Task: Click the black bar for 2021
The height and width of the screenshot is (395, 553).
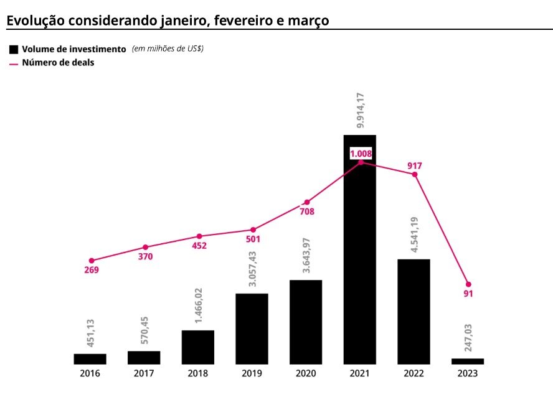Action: [360, 249]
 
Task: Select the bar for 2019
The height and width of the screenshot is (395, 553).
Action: [252, 328]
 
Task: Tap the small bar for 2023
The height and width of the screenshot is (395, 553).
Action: [468, 361]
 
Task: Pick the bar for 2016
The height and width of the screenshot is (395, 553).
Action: [90, 359]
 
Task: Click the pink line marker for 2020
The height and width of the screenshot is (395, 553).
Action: [306, 202]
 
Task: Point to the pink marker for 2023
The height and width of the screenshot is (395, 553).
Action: [468, 284]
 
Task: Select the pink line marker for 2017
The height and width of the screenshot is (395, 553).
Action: [145, 248]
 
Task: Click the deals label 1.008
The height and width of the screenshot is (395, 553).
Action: [360, 153]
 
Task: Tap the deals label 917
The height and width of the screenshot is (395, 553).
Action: [415, 165]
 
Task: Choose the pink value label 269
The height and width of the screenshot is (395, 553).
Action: [91, 270]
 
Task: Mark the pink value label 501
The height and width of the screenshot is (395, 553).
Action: [253, 239]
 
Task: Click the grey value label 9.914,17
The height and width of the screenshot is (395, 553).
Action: [361, 110]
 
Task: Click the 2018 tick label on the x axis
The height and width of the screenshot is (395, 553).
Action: [198, 373]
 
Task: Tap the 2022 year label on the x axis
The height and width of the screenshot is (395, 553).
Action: [414, 373]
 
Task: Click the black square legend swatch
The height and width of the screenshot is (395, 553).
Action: [14, 49]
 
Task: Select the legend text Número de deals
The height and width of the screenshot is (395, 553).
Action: [58, 62]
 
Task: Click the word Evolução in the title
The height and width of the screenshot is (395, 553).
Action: [35, 21]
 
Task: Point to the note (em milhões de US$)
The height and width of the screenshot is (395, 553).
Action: [168, 49]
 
